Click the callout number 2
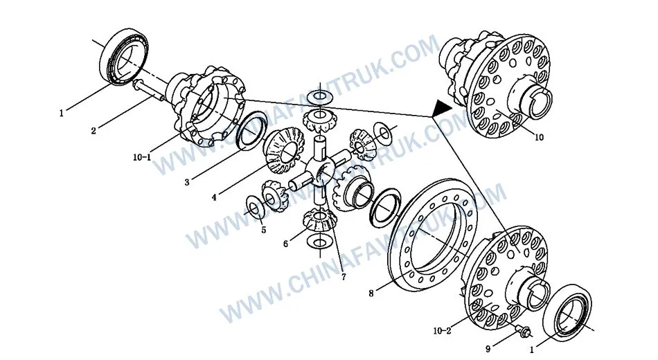tap(94, 131)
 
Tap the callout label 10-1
tap(142, 158)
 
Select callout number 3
tap(187, 183)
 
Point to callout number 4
tap(214, 197)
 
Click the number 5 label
tap(263, 230)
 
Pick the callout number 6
tap(286, 244)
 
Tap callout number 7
tap(344, 277)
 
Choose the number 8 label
tap(371, 294)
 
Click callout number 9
tap(488, 349)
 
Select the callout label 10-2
tap(443, 331)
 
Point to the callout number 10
tap(539, 137)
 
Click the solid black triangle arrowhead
tap(441, 108)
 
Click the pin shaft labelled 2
tap(149, 90)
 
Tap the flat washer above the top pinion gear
tap(321, 97)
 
